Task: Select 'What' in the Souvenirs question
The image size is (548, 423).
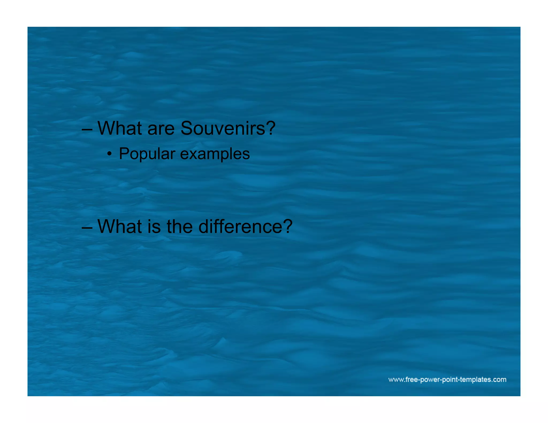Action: coord(120,128)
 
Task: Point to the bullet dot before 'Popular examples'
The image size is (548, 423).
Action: coord(109,154)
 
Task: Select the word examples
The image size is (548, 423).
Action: coord(215,154)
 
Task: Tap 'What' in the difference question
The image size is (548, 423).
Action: coord(120,226)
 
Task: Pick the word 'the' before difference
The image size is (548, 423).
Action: coord(180,226)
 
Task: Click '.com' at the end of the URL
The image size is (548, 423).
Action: coord(499,380)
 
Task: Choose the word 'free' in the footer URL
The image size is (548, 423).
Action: coord(412,380)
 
